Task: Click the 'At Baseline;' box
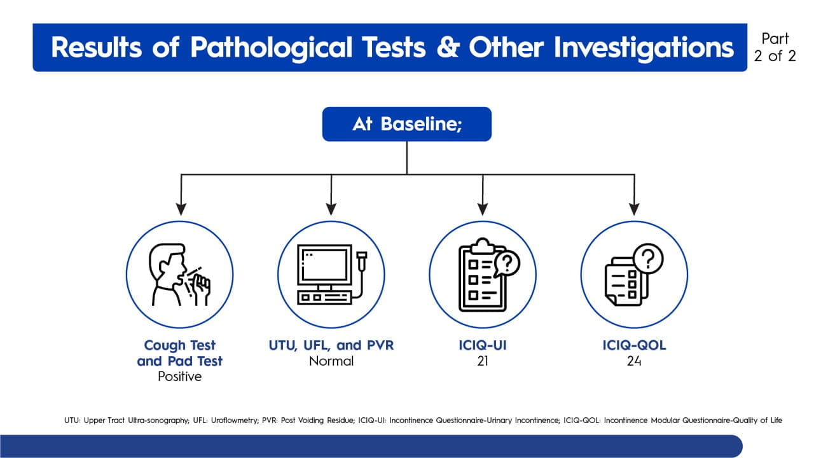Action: [407, 124]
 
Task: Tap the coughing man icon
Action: [179, 275]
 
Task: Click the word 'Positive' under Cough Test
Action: [180, 377]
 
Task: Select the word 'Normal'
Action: [331, 361]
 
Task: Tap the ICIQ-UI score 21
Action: [482, 361]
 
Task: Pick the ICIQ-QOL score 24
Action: [633, 361]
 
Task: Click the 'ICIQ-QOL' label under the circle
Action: [633, 345]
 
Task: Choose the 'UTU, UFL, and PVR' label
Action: [331, 345]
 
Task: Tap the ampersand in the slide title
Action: [448, 48]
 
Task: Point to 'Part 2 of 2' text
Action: [775, 47]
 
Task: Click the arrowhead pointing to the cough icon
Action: [181, 209]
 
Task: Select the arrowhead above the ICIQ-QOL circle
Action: [633, 209]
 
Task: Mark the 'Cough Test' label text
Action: [180, 345]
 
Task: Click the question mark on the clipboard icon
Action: [507, 261]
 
